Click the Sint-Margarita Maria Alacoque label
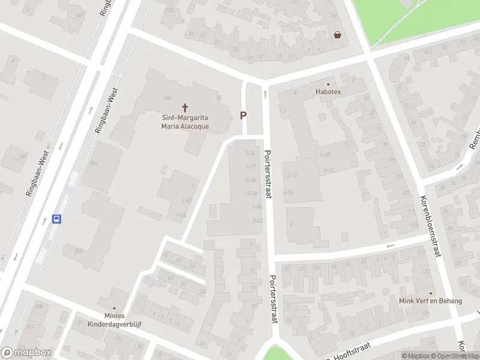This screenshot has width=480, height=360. coord(185,122)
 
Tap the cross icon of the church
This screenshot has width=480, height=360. coord(185,108)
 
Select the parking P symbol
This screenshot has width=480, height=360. coord(244,115)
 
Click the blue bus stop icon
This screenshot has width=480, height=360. coord(57,219)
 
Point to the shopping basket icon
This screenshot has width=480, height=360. coord(338,35)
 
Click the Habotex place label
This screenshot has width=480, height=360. coord(328,92)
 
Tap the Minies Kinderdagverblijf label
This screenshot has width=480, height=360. coord(114,319)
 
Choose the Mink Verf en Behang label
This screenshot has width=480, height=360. coord(430,300)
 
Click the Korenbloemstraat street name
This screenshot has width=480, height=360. coord(430,226)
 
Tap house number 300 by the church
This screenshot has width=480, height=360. coord(167,98)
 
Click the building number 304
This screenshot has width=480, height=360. coord(93,163)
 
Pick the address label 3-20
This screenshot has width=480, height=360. coord(251,179)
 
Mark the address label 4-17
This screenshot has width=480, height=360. coord(292,175)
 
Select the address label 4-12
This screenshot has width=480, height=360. coord(328,170)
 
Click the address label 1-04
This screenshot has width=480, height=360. coord(181,215)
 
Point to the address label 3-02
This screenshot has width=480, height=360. coord(258,220)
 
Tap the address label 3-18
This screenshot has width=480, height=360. coord(252,193)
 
